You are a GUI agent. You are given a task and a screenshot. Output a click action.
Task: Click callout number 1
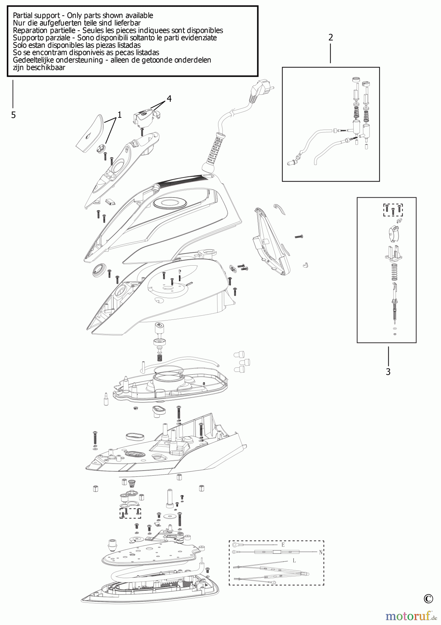(x=120, y=115)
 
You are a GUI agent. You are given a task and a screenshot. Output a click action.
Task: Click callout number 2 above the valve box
(x=330, y=37)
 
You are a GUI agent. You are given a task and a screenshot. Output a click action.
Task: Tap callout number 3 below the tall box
(x=388, y=372)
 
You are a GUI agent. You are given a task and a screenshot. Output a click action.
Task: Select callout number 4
(x=169, y=99)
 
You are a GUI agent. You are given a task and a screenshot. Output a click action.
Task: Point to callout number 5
(x=13, y=115)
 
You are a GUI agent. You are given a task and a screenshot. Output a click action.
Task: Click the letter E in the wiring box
(x=283, y=545)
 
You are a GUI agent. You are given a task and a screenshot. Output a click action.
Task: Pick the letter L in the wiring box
(x=294, y=560)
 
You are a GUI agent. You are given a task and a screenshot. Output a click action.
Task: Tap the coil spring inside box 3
(x=394, y=272)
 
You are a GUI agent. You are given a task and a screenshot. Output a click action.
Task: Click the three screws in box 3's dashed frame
(x=393, y=210)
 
